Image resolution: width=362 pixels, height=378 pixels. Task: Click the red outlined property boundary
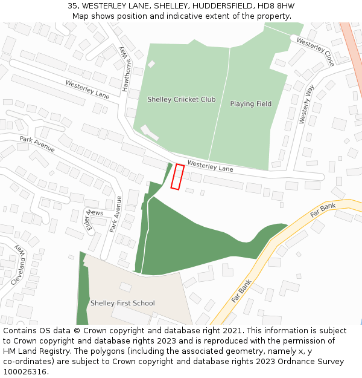pos(177,177)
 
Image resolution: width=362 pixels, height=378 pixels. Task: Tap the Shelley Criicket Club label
pos(181,99)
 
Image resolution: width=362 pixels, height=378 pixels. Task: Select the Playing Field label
pos(250,104)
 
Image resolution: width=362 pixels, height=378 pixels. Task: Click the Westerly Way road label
pos(306,105)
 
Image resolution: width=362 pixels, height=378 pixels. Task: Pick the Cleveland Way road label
pos(19,265)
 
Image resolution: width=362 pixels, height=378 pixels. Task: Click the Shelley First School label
pos(122,303)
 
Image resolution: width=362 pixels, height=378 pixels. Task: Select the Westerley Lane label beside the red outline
pos(210,165)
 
